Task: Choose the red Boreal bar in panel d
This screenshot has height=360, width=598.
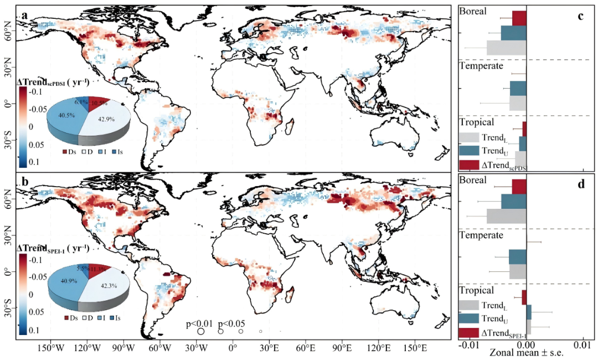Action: (519, 186)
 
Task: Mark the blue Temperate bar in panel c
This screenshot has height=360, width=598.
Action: (518, 89)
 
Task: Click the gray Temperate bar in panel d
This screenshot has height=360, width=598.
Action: (518, 271)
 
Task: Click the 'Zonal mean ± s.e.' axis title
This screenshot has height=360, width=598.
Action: (523, 353)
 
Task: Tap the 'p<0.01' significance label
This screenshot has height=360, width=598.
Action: (198, 324)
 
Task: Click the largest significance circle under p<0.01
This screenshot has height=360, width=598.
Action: (201, 331)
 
